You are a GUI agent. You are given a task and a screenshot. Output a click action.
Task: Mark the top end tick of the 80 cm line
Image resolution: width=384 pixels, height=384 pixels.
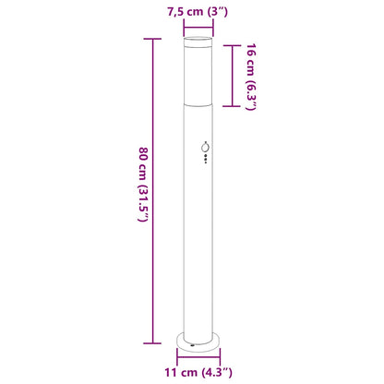(x=152, y=38)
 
